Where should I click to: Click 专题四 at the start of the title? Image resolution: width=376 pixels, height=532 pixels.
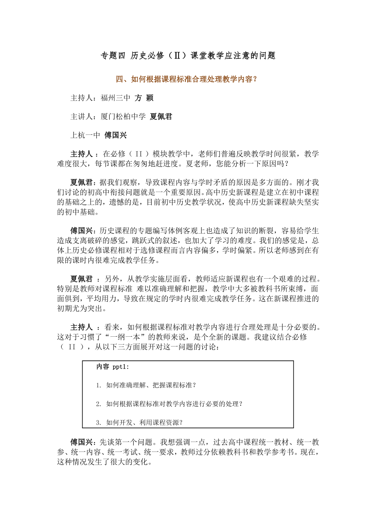113,56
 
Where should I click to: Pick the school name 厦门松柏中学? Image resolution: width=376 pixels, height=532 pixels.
123,116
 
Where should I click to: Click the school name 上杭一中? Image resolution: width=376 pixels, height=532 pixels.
85,135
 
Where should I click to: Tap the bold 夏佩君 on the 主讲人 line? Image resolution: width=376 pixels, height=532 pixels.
161,116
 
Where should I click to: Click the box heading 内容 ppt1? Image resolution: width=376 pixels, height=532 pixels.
112,367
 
